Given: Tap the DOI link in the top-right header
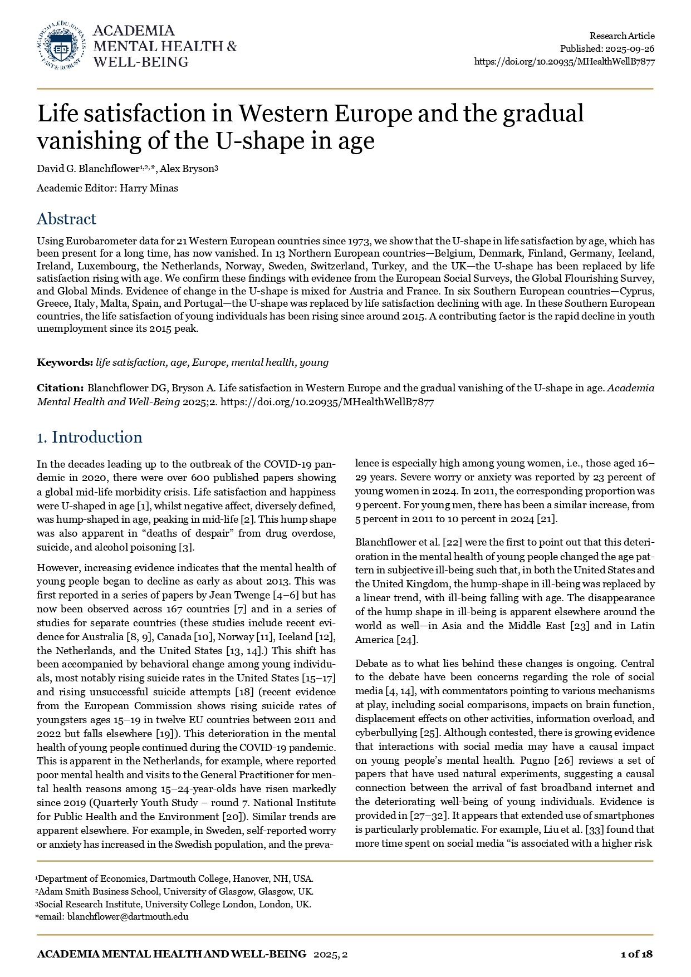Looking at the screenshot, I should tap(564, 62).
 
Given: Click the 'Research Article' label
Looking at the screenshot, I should tap(622, 36).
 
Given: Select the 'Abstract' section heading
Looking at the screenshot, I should tap(66, 219).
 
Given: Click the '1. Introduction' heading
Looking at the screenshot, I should tap(90, 437).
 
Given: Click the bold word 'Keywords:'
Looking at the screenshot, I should tap(65, 362).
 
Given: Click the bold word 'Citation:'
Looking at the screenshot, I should tap(60, 387).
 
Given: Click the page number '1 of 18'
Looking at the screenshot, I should tap(636, 954).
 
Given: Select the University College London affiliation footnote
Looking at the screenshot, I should tap(174, 904).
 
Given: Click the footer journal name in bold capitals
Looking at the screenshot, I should tap(171, 954).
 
